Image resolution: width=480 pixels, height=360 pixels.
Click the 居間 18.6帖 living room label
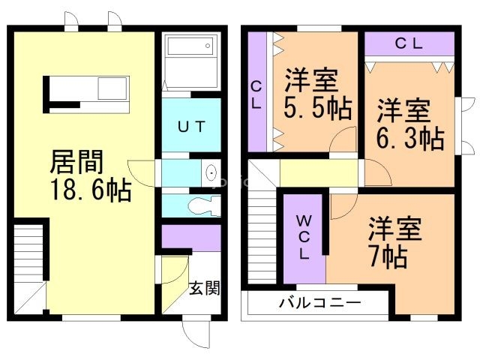(91, 175)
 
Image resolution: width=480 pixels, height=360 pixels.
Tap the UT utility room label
(191, 127)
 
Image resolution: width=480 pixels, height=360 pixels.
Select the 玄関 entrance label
(205, 288)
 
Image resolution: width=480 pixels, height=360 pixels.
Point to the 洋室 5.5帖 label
(318, 94)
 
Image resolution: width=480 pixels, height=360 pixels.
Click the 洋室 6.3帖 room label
(410, 124)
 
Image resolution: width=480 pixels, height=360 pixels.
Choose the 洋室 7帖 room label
(395, 242)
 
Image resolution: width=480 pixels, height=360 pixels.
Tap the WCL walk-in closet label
(303, 237)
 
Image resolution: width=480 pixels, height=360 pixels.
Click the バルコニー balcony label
(320, 303)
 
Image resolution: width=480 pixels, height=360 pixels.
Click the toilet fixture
(204, 205)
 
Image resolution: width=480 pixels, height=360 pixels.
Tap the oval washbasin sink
(211, 173)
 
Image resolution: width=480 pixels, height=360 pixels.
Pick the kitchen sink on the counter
(112, 88)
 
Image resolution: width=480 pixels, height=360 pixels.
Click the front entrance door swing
(196, 334)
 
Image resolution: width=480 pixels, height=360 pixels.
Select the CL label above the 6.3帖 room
(409, 43)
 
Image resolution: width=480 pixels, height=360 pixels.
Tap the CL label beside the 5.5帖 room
(256, 96)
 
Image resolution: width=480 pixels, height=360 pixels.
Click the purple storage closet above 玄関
(191, 238)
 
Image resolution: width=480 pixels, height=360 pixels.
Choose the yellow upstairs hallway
(319, 173)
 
